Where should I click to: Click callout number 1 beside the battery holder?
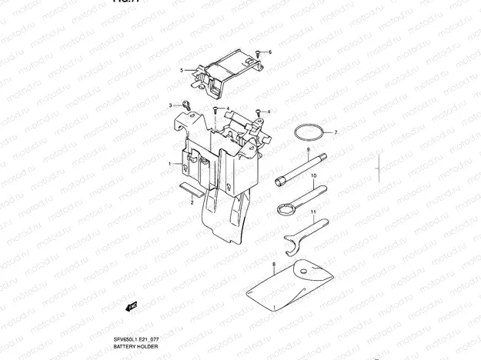point(170,164)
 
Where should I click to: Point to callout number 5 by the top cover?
point(182,70)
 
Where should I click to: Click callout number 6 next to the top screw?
point(270,52)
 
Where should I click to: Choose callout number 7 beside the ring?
point(336,132)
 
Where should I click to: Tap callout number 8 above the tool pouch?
point(274,265)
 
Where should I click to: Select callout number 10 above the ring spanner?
point(313,176)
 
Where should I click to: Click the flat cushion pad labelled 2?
point(190,186)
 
